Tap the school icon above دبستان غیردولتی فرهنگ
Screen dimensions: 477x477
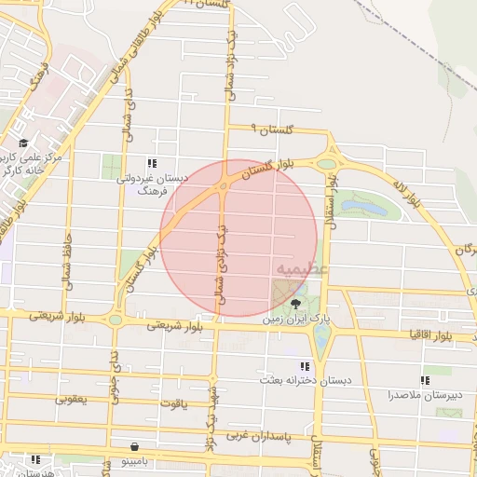point(152,163)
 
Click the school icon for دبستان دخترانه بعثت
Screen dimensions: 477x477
point(304,366)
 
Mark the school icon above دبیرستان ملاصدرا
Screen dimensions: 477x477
point(425,380)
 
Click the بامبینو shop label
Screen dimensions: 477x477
point(139,459)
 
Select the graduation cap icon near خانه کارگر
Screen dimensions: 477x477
point(22,143)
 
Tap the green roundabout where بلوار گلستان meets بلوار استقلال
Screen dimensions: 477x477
point(326,164)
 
